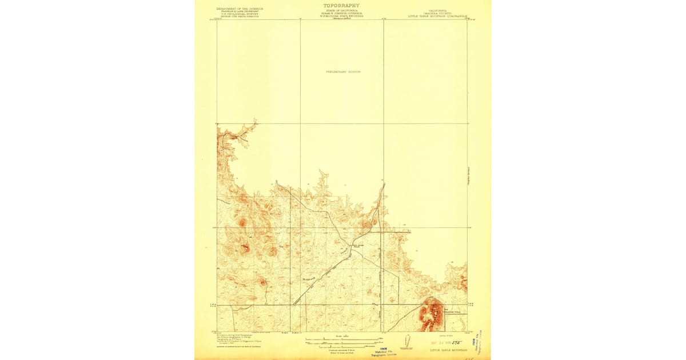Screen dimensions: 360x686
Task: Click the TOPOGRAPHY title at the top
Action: click(x=341, y=5)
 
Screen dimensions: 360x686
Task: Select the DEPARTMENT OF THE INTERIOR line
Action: click(x=240, y=9)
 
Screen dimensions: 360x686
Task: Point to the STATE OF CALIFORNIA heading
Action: click(x=341, y=10)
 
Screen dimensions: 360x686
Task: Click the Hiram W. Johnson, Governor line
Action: click(x=341, y=13)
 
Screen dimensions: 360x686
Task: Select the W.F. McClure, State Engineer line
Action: click(x=341, y=16)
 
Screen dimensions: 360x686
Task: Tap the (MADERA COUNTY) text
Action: click(x=437, y=13)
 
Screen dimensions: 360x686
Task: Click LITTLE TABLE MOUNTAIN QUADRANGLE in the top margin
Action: click(x=437, y=17)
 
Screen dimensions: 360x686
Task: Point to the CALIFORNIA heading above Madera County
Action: click(x=437, y=10)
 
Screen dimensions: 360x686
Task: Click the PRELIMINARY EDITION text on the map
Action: click(x=343, y=72)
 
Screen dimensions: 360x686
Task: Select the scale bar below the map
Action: click(x=342, y=340)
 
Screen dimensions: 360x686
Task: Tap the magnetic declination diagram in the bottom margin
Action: click(x=407, y=341)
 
